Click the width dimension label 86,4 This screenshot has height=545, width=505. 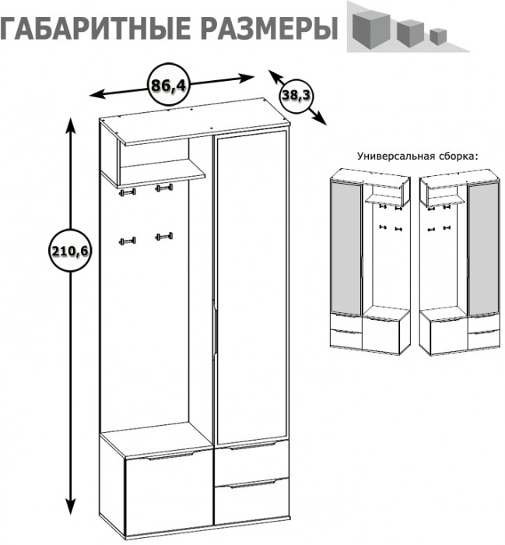tap(169, 85)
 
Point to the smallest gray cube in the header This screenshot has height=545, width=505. tap(439, 35)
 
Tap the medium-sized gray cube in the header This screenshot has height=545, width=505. tap(409, 31)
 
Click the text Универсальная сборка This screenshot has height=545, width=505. tap(416, 156)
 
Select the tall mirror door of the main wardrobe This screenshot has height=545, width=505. tap(251, 288)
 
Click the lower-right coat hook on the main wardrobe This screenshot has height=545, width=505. tap(163, 236)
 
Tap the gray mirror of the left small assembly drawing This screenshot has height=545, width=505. tap(346, 245)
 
